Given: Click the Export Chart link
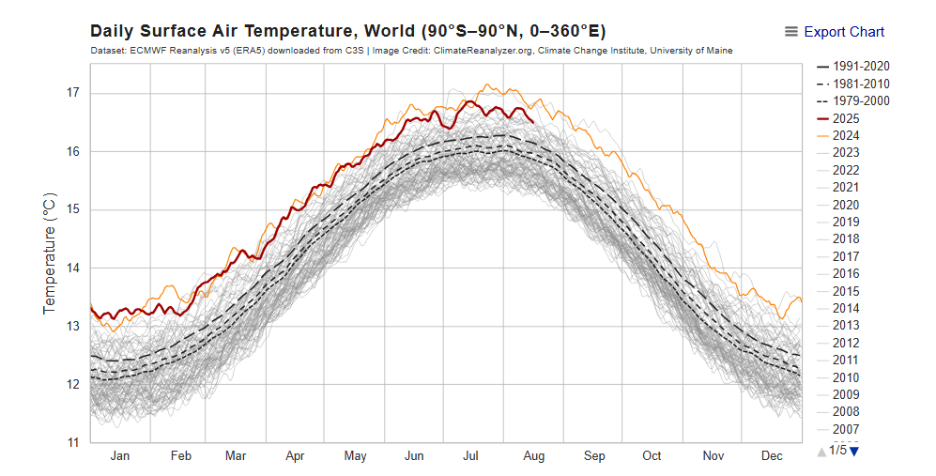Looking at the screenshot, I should (844, 32).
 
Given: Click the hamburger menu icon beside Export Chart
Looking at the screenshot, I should (791, 32).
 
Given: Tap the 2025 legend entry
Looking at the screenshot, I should (845, 118).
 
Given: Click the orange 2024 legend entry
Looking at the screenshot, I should (845, 136).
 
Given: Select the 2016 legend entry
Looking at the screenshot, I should (845, 274).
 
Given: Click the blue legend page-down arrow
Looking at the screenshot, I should (854, 451).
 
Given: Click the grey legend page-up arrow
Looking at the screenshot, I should (822, 451).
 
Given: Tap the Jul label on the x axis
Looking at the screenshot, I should (472, 456).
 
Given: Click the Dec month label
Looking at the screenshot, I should (772, 456).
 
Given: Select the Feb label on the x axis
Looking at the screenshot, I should (180, 456).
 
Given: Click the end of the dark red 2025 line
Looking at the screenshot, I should (533, 121).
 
